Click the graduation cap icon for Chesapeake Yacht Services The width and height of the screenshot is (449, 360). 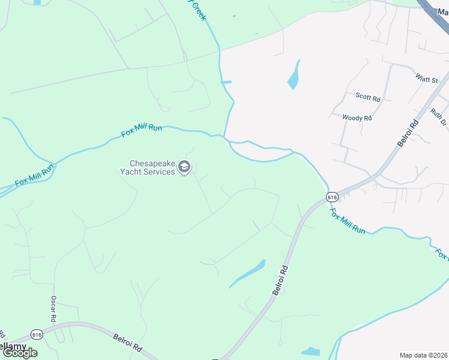[185, 167]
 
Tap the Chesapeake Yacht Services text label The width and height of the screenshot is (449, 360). [153, 167]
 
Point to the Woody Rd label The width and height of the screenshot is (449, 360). [357, 118]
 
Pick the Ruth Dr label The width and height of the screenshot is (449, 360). [439, 116]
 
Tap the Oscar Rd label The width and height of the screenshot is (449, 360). [53, 308]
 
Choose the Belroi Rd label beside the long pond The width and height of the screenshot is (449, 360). [280, 280]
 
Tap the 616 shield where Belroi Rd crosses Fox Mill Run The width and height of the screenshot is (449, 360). [333, 196]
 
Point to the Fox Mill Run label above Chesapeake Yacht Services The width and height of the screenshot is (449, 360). [142, 130]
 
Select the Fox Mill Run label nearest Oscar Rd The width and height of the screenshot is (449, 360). [35, 173]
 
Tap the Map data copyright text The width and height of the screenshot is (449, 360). [423, 355]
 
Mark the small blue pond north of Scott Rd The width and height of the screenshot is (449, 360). [294, 76]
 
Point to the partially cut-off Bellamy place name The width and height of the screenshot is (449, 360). [12, 346]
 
